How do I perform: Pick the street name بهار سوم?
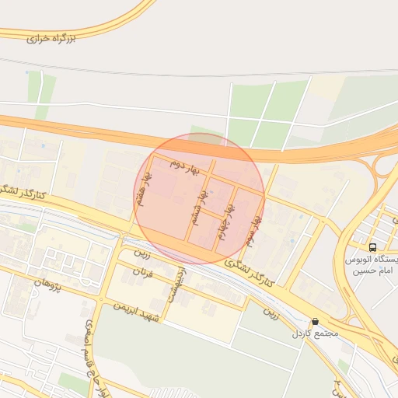tap(253, 229)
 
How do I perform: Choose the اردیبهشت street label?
tap(175, 285)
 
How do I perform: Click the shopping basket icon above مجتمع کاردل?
tap(315, 321)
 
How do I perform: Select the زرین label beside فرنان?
tap(141, 253)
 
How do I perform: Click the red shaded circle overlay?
tap(199, 198)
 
